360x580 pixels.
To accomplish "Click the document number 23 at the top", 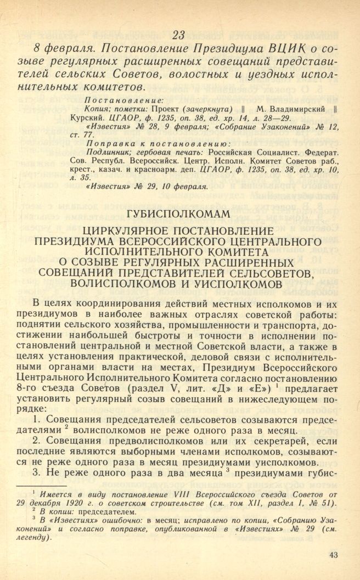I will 179,35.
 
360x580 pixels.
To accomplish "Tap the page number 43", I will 334,555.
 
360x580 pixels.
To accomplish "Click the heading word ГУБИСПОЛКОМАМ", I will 179,213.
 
